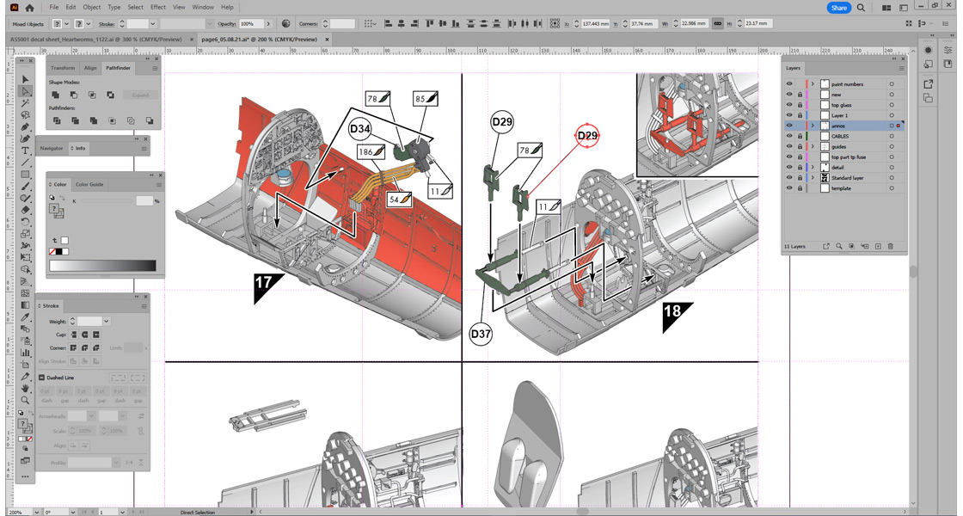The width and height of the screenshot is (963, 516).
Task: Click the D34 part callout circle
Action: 360,129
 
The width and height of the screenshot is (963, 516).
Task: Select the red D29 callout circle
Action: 587,136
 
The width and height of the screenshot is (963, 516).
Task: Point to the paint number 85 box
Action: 426,99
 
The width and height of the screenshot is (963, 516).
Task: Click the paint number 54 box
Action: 400,199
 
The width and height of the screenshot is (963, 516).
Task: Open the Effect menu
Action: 158,7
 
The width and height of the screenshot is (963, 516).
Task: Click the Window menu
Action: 203,7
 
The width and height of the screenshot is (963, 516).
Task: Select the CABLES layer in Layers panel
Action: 840,136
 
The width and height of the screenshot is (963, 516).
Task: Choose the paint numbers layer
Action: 847,84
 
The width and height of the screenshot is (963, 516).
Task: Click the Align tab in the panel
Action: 90,67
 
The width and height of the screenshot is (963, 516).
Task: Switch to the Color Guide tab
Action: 89,184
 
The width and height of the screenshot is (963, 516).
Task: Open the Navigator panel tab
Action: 52,148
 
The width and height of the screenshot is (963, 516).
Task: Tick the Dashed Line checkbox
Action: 41,378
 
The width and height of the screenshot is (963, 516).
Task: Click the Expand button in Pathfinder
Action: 140,95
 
